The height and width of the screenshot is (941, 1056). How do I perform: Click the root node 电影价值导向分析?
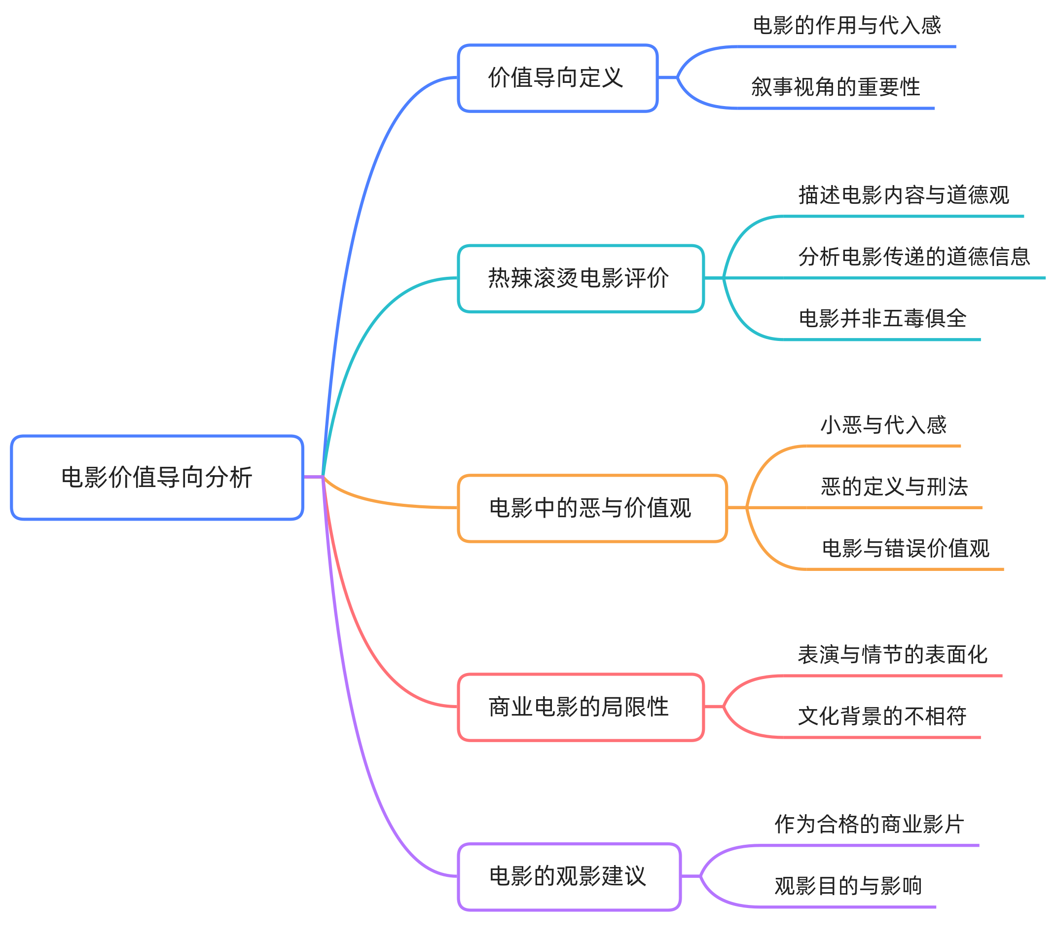(x=157, y=477)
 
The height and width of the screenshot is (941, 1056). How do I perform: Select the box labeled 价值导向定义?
(x=557, y=78)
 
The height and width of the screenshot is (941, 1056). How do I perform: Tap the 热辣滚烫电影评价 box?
(x=581, y=278)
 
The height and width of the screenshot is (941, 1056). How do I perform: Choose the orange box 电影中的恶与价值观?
(x=592, y=508)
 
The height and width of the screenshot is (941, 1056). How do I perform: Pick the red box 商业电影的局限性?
(x=581, y=707)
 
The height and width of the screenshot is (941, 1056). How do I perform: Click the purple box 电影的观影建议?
(x=569, y=876)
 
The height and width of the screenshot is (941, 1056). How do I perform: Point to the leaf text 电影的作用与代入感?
(x=847, y=25)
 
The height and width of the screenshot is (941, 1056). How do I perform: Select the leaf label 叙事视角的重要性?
(x=836, y=87)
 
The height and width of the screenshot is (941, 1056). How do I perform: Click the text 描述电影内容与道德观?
(x=904, y=195)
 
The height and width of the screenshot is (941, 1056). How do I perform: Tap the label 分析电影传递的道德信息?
(x=914, y=257)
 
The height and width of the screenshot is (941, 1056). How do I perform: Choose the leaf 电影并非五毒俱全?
(x=882, y=318)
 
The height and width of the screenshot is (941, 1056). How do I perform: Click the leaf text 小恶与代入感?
(x=883, y=425)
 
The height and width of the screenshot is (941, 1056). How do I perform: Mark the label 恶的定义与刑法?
(x=894, y=487)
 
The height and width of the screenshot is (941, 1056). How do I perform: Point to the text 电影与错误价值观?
(x=905, y=548)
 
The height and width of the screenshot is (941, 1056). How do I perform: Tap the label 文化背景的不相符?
(x=882, y=716)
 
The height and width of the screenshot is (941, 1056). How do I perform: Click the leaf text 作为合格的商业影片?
(x=870, y=824)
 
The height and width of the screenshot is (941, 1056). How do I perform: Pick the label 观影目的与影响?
(x=848, y=886)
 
